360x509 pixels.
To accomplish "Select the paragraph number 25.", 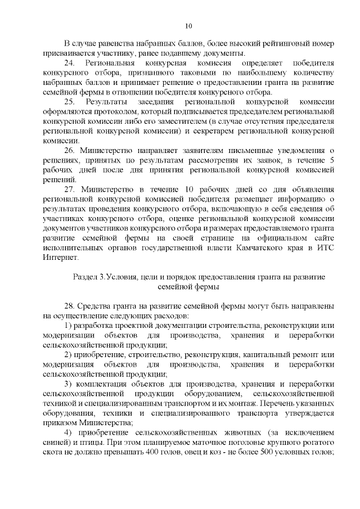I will (x=69, y=102).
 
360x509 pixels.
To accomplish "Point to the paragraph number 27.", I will (x=69, y=188).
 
